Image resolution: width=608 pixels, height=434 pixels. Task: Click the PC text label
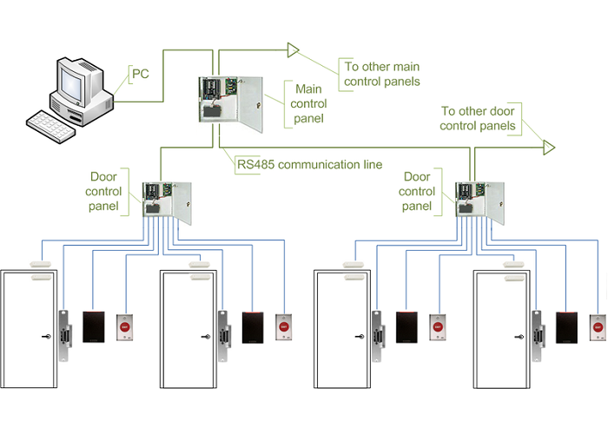(139, 75)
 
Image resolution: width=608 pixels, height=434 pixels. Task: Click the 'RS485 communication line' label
(309, 163)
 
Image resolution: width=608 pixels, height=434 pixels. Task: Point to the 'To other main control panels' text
(382, 75)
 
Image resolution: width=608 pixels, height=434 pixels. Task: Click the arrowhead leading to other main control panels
(293, 49)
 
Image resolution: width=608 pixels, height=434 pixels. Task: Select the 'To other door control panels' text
(479, 119)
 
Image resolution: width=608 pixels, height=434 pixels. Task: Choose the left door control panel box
(167, 201)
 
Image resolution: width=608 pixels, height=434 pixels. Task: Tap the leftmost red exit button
(124, 329)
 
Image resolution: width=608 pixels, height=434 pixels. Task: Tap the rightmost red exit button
(598, 329)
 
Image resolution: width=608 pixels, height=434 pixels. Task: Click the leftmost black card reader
(94, 327)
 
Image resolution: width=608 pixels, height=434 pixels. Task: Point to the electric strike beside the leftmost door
(64, 334)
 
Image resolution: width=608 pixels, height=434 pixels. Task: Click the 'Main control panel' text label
(310, 103)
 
